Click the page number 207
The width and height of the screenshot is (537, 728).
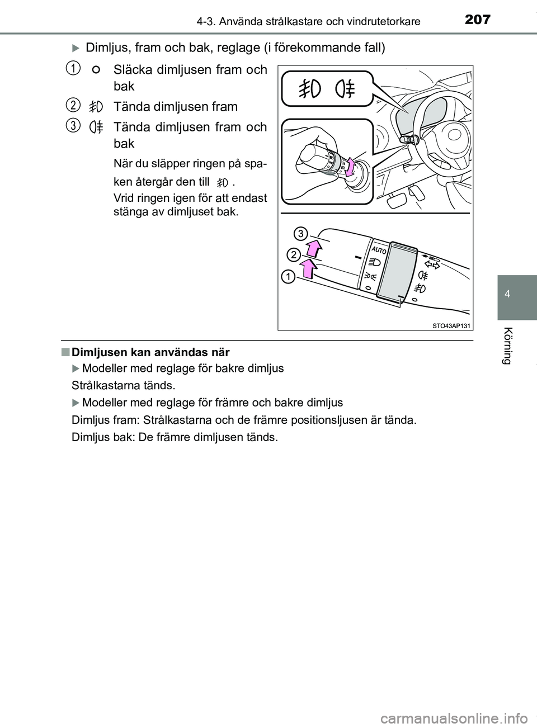click(x=477, y=20)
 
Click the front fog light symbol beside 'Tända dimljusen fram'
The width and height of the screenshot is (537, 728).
click(x=96, y=106)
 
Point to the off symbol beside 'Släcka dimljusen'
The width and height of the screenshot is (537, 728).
click(x=96, y=70)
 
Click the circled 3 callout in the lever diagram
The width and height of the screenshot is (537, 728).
click(x=300, y=233)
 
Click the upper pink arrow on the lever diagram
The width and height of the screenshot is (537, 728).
click(x=314, y=247)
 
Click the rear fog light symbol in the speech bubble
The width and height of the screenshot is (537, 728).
click(x=346, y=89)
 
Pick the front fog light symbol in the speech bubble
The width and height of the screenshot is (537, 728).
click(x=309, y=89)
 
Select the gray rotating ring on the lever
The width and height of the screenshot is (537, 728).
click(x=395, y=272)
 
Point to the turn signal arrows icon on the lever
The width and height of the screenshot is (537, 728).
click(x=432, y=263)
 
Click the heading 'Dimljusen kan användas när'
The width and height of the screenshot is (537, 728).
click(x=151, y=352)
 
